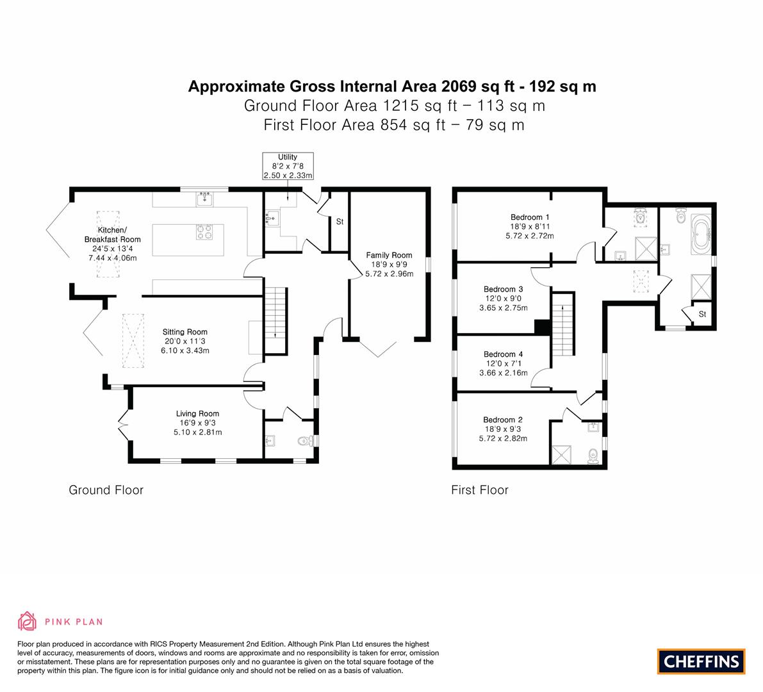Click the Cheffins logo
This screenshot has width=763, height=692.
(x=701, y=661)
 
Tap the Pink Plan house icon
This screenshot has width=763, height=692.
(x=28, y=621)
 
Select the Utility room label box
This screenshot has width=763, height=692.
(x=288, y=166)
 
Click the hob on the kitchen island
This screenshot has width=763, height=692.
(x=204, y=232)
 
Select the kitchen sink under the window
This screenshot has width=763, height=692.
(x=205, y=199)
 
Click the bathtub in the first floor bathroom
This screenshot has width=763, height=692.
(x=701, y=234)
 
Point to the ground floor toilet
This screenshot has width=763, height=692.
(x=306, y=441)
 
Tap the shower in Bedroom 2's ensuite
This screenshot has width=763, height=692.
(x=561, y=454)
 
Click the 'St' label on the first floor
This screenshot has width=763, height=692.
(x=702, y=315)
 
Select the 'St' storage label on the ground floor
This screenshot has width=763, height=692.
(x=340, y=222)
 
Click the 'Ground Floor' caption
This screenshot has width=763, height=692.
(x=106, y=490)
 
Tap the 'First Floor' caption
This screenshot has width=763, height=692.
(x=480, y=490)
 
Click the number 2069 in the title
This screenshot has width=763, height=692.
(x=459, y=86)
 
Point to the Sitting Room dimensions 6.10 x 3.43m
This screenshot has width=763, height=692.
(x=185, y=350)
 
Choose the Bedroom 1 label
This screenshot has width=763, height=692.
(x=530, y=217)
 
